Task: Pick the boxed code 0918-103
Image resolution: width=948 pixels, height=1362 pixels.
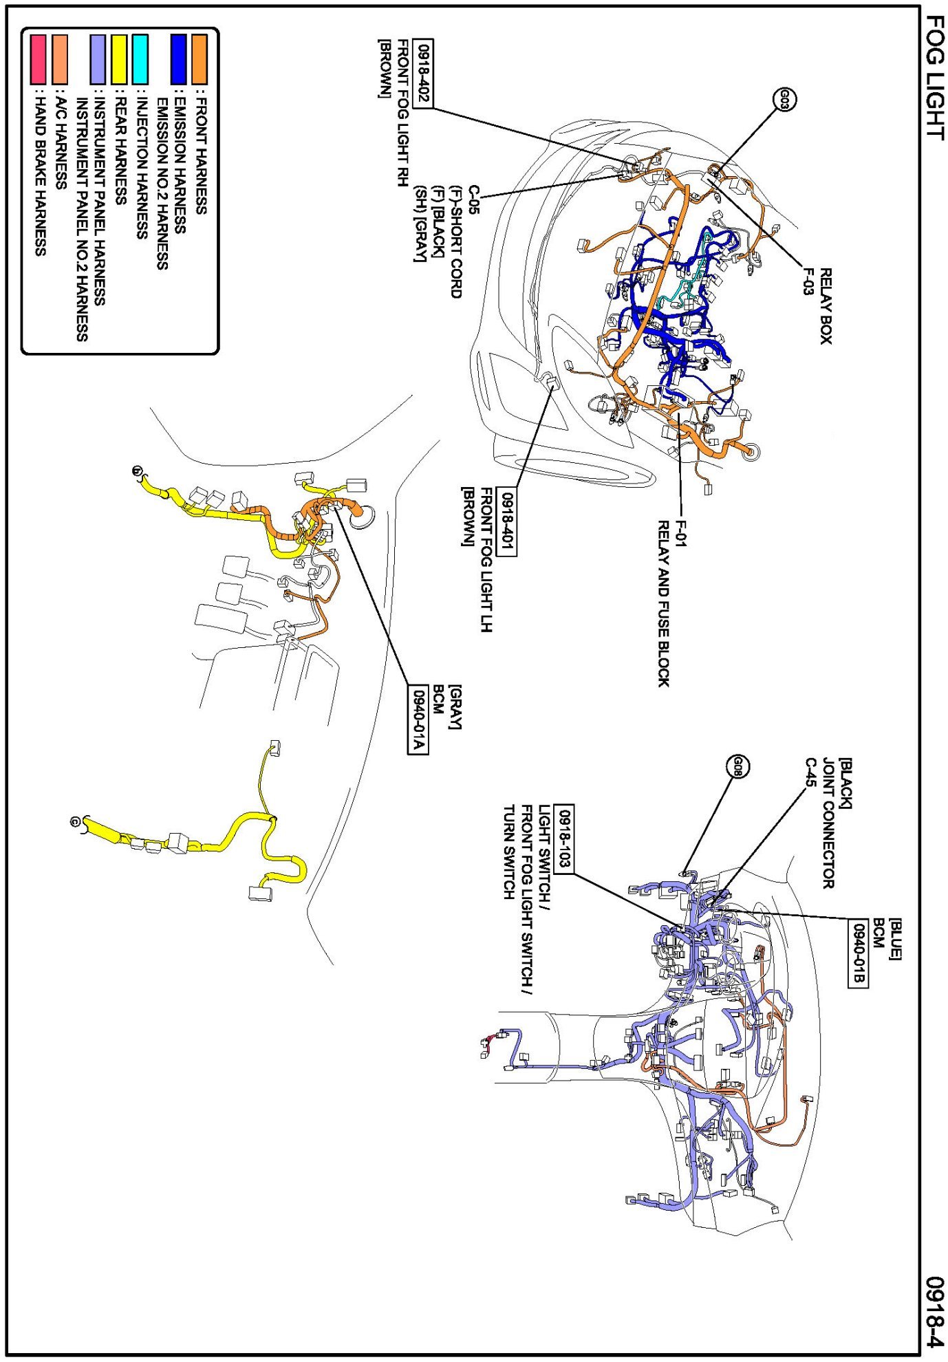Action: tap(563, 839)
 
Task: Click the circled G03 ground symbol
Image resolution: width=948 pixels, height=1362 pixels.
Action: tap(785, 100)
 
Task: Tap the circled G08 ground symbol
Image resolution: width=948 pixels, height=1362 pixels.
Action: tap(737, 766)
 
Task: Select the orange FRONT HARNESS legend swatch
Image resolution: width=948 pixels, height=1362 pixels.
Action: tap(200, 59)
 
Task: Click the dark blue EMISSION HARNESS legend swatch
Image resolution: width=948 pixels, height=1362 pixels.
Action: tap(179, 59)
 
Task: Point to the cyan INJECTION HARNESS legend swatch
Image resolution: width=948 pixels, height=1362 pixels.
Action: tap(140, 59)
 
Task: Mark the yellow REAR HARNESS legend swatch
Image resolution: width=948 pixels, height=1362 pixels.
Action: tap(119, 59)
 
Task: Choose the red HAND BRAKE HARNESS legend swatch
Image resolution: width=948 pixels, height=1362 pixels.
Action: tap(39, 59)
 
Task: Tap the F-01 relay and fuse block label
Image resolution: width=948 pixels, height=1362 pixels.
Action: tap(680, 534)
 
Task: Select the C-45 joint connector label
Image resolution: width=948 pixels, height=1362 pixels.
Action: tap(810, 772)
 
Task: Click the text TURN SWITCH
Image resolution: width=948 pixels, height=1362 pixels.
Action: tap(509, 852)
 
